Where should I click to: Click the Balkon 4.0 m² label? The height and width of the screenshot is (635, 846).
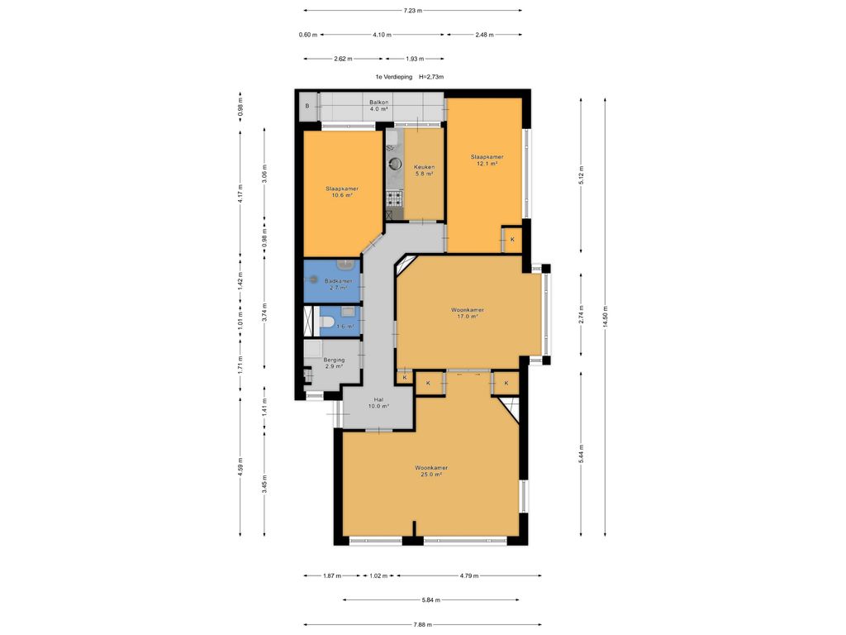[x=379, y=105]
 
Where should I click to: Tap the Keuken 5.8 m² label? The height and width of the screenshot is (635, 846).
[x=424, y=171]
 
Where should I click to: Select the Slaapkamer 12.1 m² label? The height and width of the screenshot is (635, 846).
[x=487, y=160]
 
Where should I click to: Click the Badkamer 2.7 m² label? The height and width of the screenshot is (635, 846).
[x=337, y=284]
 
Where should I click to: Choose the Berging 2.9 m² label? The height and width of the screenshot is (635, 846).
[x=334, y=364]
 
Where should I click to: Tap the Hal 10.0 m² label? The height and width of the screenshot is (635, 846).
[x=378, y=403]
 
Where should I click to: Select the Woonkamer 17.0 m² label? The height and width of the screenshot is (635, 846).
[x=468, y=313]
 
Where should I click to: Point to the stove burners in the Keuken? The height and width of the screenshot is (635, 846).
[x=393, y=198]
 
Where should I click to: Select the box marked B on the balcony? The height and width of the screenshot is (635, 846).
[x=307, y=107]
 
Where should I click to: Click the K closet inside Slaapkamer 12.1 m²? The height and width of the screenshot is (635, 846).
[x=512, y=240]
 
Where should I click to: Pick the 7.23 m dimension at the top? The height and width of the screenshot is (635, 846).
[x=413, y=11]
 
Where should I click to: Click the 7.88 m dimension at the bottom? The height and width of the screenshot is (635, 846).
[x=423, y=625]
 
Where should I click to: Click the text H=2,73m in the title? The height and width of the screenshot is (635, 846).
[x=431, y=77]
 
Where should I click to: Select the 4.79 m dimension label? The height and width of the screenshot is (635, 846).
[x=469, y=575]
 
